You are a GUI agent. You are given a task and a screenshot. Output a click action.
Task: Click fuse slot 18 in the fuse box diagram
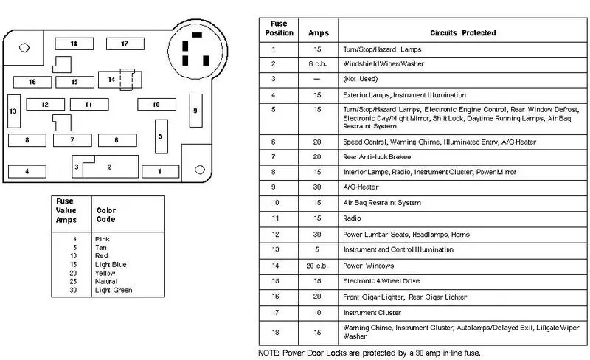74,44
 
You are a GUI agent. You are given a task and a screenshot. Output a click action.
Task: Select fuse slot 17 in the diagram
125,44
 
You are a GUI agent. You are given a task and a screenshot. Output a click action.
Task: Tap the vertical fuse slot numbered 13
14,111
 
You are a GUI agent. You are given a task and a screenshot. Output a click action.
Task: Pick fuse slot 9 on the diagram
195,111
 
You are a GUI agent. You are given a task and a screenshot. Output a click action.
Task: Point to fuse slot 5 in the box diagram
162,136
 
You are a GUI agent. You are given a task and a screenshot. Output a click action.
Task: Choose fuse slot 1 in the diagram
160,172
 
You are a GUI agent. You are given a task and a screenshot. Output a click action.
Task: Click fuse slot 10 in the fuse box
156,104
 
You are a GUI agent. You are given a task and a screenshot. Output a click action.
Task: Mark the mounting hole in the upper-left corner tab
24,48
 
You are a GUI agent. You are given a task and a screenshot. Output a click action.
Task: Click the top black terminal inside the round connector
197,35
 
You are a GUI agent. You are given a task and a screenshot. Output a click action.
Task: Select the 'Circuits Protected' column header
463,32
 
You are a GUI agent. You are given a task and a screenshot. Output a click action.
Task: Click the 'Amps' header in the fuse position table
319,32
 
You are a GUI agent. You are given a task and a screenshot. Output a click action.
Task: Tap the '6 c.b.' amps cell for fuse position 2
318,64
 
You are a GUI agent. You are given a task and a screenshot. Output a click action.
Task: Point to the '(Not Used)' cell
360,79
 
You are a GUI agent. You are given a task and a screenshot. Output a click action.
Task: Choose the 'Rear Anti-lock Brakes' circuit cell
377,156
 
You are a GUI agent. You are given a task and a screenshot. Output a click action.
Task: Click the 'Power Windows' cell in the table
368,266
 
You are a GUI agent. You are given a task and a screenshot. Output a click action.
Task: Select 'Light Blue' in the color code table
111,264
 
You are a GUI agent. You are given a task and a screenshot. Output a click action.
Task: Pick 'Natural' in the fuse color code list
106,281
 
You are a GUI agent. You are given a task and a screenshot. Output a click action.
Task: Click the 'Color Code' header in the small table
105,215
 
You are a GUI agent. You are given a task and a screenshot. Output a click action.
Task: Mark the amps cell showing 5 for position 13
317,249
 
